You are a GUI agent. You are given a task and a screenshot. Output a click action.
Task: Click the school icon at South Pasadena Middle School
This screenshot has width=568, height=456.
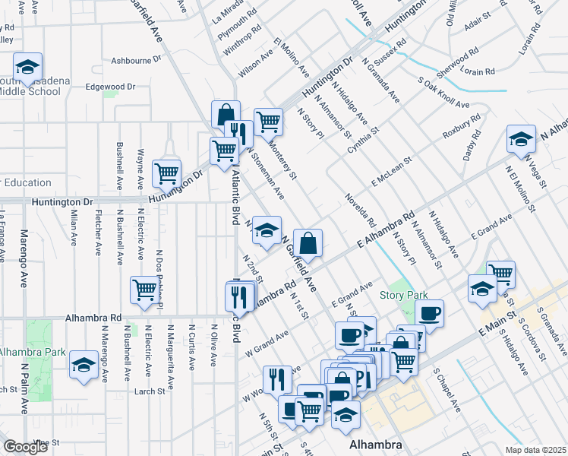(27, 68)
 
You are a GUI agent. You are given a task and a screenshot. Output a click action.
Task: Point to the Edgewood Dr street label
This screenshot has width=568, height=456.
(110, 87)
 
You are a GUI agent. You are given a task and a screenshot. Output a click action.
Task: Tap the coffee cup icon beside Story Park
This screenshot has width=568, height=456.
(429, 314)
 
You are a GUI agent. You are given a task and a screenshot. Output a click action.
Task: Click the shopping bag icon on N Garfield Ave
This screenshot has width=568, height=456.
(308, 244)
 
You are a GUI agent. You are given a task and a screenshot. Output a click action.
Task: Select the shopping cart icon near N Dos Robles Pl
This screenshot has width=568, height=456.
(144, 290)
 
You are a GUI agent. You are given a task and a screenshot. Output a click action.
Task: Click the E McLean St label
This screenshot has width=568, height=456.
(391, 172)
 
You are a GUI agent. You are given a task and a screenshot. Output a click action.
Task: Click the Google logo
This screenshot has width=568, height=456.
(25, 447)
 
